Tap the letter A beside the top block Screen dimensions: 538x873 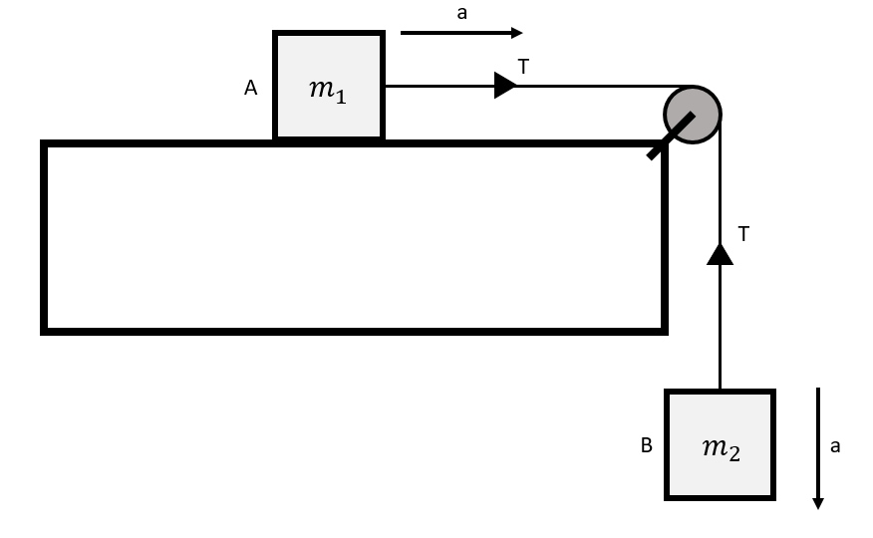pos(251,89)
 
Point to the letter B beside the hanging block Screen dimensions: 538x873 pos(647,446)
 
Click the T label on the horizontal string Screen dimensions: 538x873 pos(524,67)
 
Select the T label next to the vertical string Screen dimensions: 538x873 pos(743,234)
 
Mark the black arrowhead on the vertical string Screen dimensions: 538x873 pos(720,254)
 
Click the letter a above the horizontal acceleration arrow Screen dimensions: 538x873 pos(461,13)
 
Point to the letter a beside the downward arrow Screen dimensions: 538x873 pos(835,446)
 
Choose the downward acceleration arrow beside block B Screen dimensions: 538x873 pos(818,448)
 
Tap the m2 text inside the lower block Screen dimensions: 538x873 pos(721,448)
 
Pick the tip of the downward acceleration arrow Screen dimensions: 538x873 pos(818,505)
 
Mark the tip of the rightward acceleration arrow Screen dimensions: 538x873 pos(519,33)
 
